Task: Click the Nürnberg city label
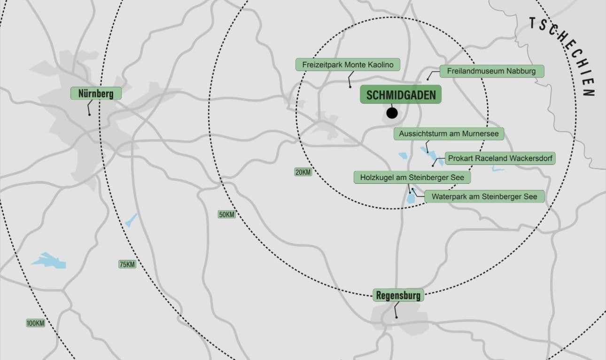pyautogui.click(x=96, y=94)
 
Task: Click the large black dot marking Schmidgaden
pyautogui.click(x=392, y=113)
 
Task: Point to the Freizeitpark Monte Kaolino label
pyautogui.click(x=348, y=64)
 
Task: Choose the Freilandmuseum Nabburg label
pyautogui.click(x=492, y=71)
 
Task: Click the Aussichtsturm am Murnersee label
pyautogui.click(x=449, y=134)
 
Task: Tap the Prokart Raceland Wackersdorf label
pyautogui.click(x=500, y=158)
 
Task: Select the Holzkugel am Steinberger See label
pyautogui.click(x=412, y=178)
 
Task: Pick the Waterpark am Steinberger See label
pyautogui.click(x=484, y=196)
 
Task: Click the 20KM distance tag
pyautogui.click(x=303, y=172)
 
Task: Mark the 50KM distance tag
pyautogui.click(x=226, y=215)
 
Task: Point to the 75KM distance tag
pyautogui.click(x=127, y=265)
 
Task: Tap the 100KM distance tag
pyautogui.click(x=35, y=323)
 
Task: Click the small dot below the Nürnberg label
pyautogui.click(x=89, y=114)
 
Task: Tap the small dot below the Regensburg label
pyautogui.click(x=396, y=317)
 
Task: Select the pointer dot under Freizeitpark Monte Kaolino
pyautogui.click(x=350, y=86)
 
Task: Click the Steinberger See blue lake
pyautogui.click(x=411, y=199)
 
